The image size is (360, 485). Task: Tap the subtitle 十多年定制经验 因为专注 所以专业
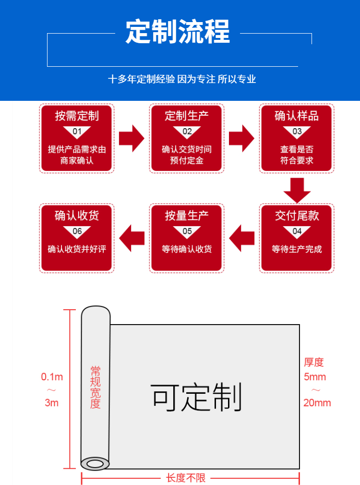(x=182, y=79)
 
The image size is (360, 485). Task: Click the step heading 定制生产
(x=187, y=116)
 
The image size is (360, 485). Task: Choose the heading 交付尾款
(x=297, y=216)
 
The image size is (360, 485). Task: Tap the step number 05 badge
(x=187, y=231)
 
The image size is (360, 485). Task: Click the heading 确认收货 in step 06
(x=77, y=216)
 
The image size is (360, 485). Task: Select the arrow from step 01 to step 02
(x=132, y=138)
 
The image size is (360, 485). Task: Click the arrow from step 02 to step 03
(x=241, y=138)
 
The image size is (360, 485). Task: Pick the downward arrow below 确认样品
(x=297, y=190)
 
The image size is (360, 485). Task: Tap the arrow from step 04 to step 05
(x=241, y=238)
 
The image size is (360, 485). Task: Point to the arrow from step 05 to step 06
(x=132, y=238)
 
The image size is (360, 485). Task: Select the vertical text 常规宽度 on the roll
(x=96, y=387)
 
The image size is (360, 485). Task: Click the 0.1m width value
(x=52, y=377)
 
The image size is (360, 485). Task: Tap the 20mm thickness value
(x=317, y=403)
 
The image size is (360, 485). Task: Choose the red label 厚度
(x=314, y=362)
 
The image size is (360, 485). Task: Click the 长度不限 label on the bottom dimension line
(x=186, y=478)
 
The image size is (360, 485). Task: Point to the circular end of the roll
(x=95, y=464)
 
